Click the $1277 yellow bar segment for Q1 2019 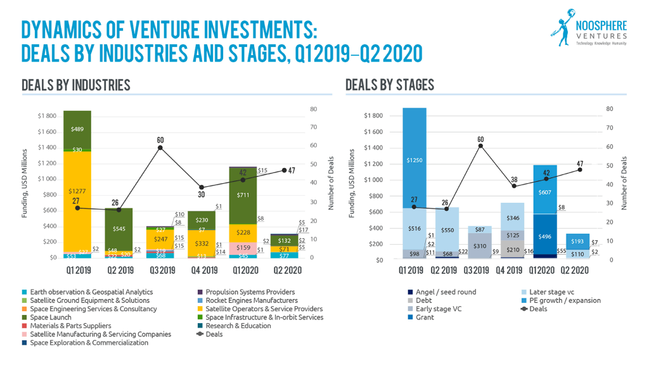(x=77, y=190)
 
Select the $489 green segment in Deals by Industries (x=77, y=129)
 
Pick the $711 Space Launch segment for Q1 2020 (x=243, y=195)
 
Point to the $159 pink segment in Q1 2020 (x=243, y=247)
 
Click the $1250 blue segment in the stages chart (x=414, y=160)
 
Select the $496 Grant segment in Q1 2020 (x=545, y=236)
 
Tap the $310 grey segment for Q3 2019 (x=480, y=245)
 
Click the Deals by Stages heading (x=390, y=85)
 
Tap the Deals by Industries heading (x=76, y=85)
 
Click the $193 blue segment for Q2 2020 (x=577, y=241)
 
